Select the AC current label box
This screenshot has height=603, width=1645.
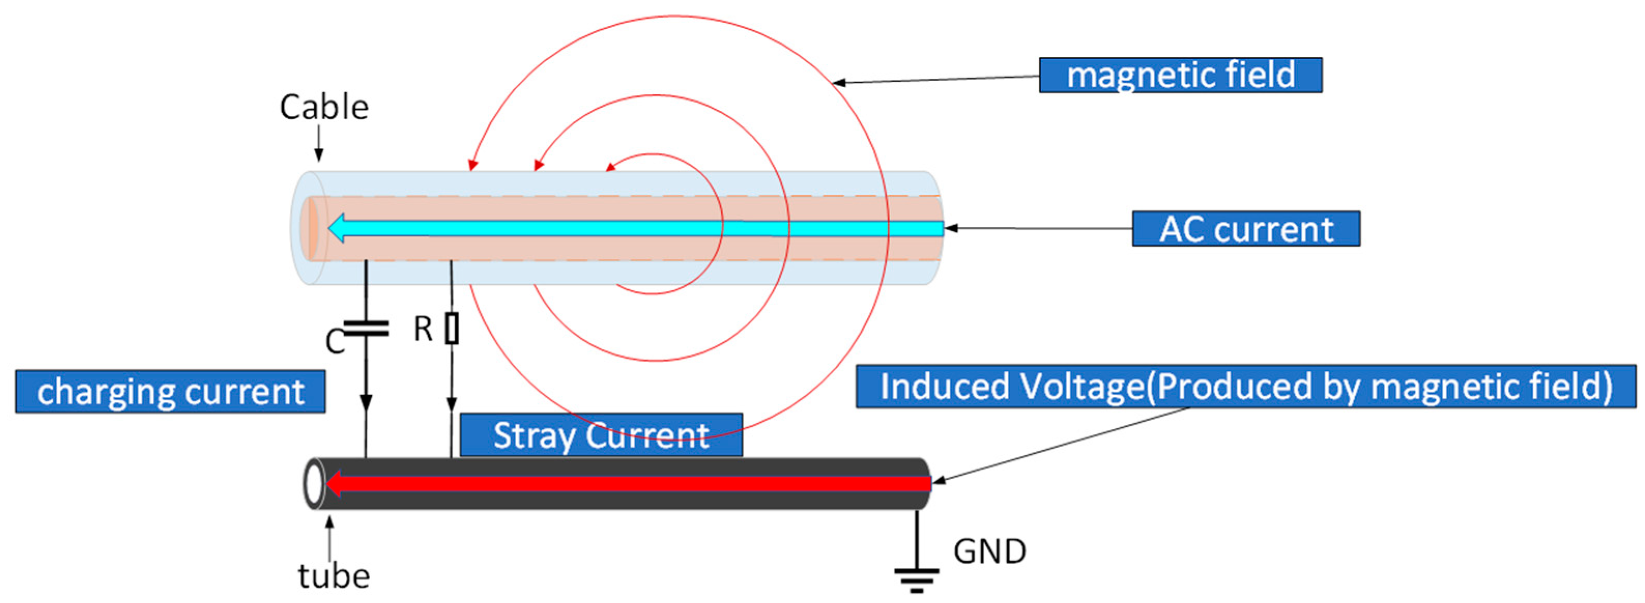coord(1245,228)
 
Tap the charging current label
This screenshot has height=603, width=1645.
coord(170,391)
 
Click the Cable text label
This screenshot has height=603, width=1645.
coord(324,107)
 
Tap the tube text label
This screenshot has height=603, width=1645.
coord(333,576)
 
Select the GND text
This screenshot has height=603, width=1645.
coord(989,551)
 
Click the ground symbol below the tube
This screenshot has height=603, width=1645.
coord(916,578)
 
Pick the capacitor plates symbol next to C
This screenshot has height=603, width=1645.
coord(366,328)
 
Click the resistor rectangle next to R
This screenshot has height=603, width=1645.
coord(452,328)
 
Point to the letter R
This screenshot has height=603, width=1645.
coord(423,329)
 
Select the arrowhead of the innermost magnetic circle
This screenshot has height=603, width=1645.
coord(610,167)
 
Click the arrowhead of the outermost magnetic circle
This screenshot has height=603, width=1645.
coord(473,164)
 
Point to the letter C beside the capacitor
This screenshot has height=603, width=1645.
coord(334,342)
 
